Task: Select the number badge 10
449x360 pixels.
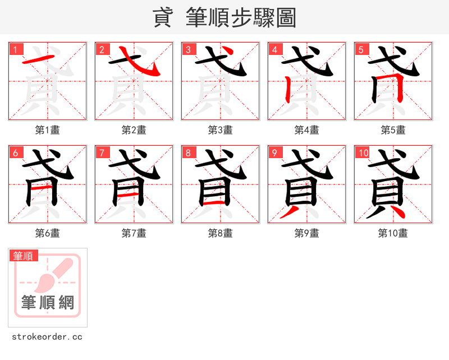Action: point(363,153)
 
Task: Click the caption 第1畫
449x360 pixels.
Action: point(48,130)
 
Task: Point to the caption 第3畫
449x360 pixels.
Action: point(221,130)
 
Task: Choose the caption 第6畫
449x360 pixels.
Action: point(48,233)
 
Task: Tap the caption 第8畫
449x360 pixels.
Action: point(221,233)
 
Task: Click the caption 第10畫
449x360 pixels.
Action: point(393,233)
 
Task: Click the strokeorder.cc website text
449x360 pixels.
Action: point(48,337)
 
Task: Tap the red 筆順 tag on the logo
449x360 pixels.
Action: point(24,256)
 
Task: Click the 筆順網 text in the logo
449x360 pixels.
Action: point(48,303)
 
